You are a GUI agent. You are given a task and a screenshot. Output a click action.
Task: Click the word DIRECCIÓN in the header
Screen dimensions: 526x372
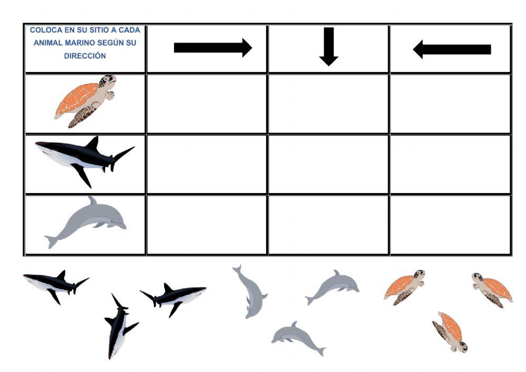point(85,56)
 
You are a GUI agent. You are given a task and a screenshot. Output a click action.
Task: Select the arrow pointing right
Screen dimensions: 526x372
point(213,48)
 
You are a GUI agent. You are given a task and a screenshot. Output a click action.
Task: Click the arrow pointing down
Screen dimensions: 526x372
point(329,47)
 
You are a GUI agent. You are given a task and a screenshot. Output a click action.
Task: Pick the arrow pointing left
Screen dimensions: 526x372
point(452,49)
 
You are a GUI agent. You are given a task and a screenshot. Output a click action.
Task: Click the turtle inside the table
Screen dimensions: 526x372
point(85,101)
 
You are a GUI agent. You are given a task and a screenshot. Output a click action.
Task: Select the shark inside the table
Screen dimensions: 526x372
point(85,159)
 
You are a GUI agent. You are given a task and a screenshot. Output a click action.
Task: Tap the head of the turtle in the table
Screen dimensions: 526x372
point(107,81)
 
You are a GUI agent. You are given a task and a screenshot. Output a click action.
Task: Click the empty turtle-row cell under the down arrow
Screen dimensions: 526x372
point(328,103)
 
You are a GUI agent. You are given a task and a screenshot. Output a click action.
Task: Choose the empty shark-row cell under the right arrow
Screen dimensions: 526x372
point(207,164)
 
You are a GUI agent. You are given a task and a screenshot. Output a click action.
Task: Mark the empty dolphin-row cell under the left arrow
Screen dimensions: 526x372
point(450,225)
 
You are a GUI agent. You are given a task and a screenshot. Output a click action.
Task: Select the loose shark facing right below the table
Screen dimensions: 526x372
point(174,298)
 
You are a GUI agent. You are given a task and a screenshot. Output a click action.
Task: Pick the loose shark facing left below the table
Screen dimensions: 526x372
point(56,285)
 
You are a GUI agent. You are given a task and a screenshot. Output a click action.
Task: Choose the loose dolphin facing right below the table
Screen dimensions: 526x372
point(332,287)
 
